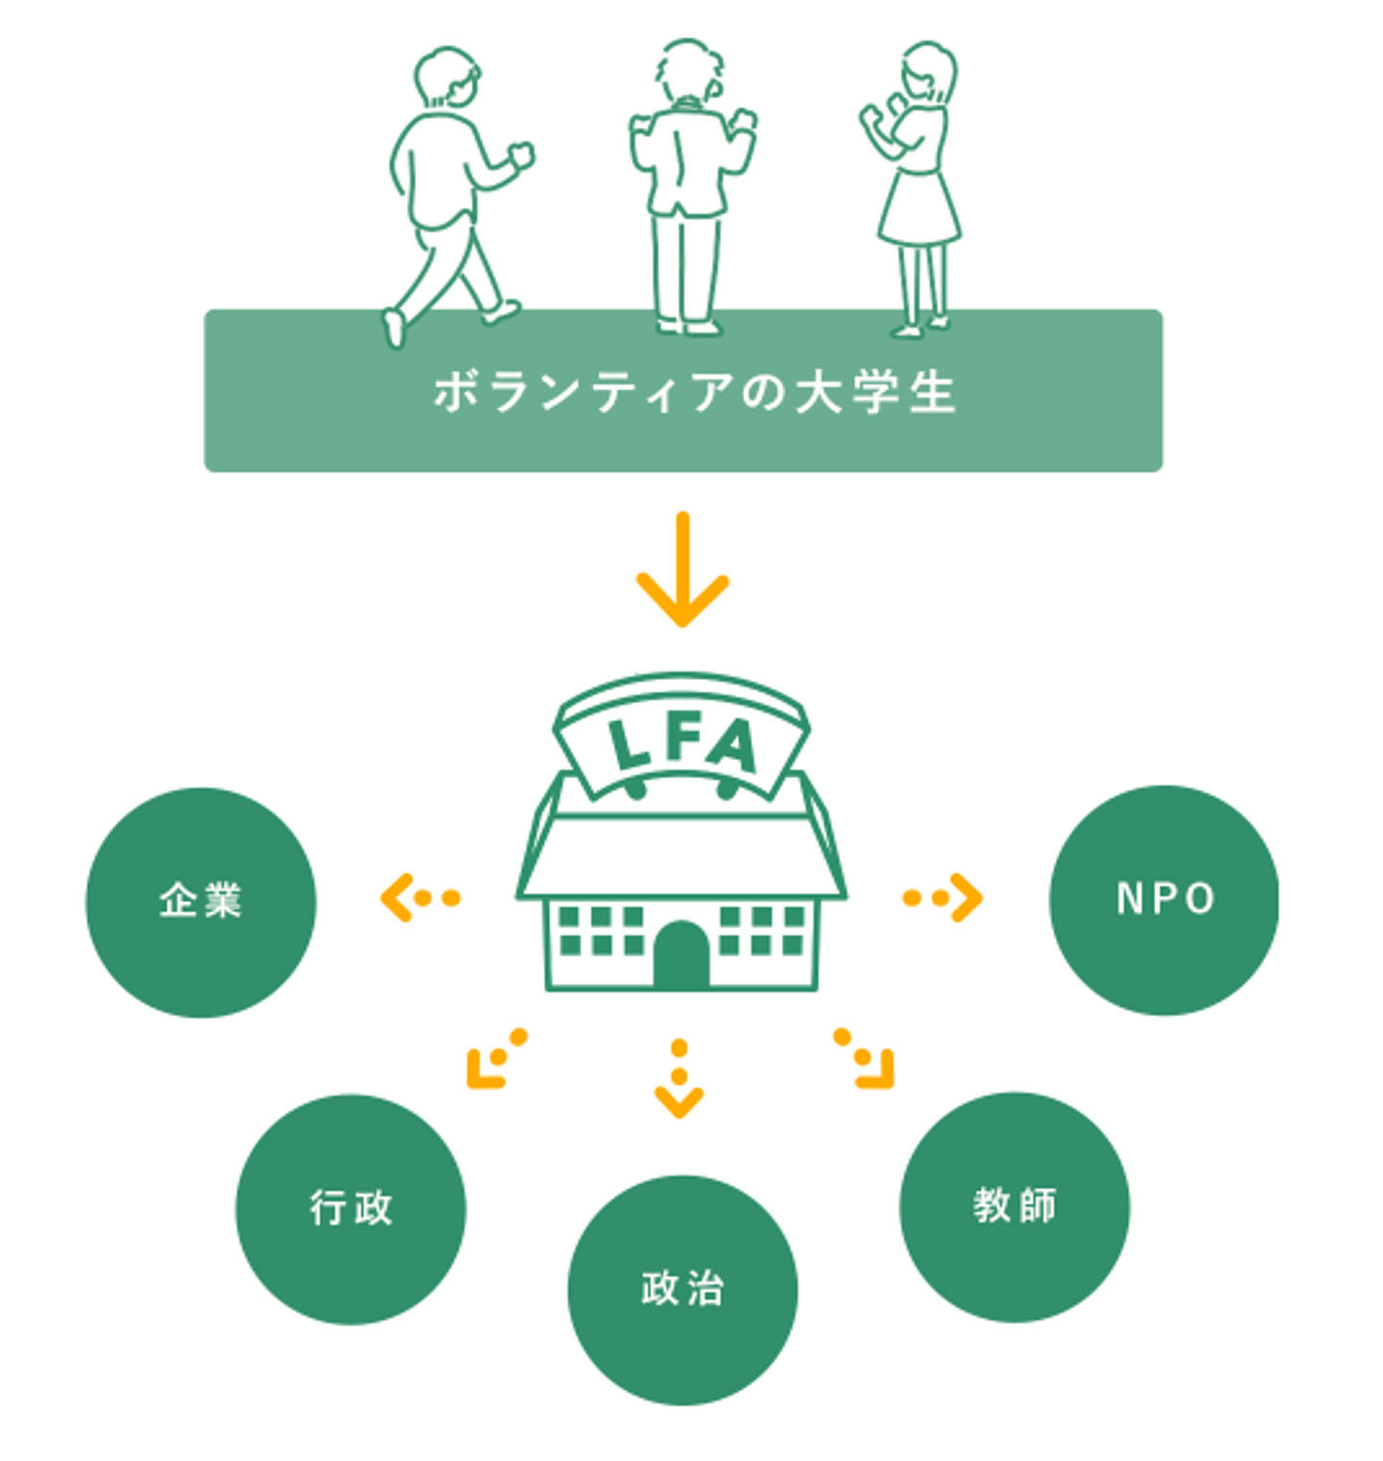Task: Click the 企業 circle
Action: pos(201,901)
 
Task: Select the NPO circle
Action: pos(1164,899)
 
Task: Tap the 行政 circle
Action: pos(351,1208)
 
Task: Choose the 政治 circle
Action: pos(682,1289)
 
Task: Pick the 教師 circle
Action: pos(1014,1206)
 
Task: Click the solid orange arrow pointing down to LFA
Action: pos(682,571)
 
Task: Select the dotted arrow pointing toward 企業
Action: pos(421,898)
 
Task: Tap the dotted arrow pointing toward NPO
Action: pos(943,898)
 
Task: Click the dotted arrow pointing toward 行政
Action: pos(496,1059)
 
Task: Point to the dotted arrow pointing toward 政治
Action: pos(679,1079)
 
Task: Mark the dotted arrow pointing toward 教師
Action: pos(865,1059)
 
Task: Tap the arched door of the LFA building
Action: pos(681,956)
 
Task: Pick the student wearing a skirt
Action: pos(916,187)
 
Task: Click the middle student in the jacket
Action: pos(689,187)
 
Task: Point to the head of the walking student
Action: pos(448,77)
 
